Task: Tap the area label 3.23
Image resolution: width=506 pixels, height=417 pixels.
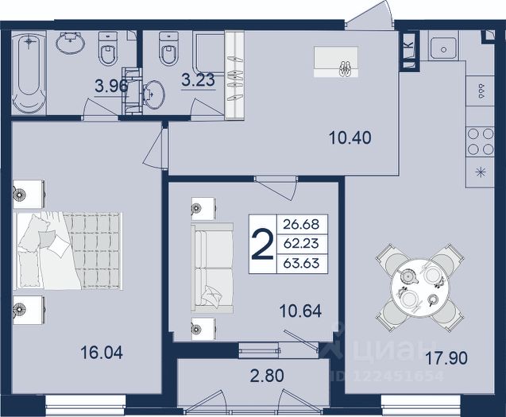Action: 198,80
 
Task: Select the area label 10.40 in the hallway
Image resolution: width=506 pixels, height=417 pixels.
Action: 350,138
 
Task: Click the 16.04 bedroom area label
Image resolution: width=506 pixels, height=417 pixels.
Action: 102,352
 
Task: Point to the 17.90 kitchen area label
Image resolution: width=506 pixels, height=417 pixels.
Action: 446,358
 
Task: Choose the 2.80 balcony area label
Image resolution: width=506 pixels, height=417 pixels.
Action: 267,376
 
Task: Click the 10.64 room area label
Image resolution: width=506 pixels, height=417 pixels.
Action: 300,311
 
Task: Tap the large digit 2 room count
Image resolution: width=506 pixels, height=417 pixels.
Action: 261,244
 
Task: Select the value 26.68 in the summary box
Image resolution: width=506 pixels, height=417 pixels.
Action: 301,224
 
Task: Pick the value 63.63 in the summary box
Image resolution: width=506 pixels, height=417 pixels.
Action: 301,263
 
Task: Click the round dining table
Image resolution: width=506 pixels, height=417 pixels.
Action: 419,288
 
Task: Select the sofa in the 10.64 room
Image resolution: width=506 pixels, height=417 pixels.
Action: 212,268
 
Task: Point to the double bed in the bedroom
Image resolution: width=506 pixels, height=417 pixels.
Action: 68,251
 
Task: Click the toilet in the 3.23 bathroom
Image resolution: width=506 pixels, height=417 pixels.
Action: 168,48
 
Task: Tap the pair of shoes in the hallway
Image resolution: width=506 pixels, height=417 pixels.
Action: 346,69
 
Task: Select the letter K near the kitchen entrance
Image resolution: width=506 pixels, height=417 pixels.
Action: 409,44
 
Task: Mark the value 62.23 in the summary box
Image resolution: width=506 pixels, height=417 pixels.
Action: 301,244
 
